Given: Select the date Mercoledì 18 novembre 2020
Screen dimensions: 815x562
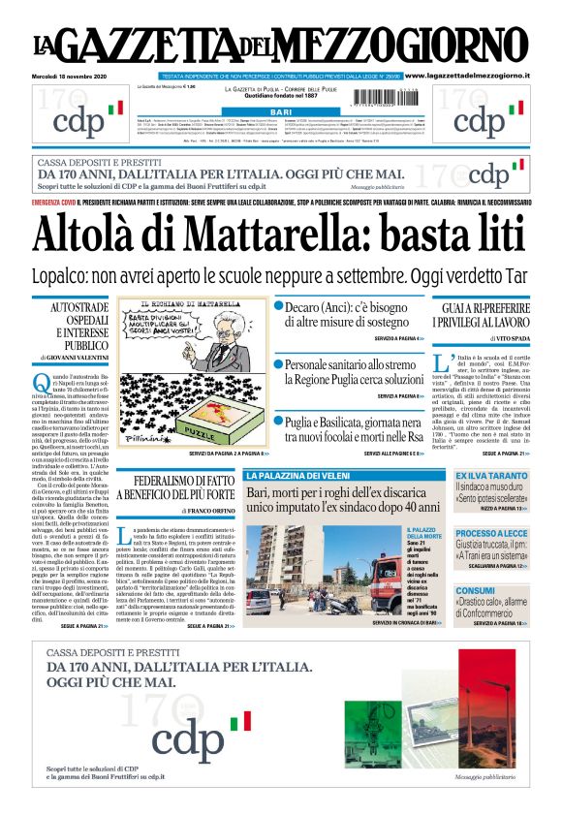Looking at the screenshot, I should tap(74, 75).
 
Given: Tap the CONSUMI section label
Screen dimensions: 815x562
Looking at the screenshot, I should tap(476, 589).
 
